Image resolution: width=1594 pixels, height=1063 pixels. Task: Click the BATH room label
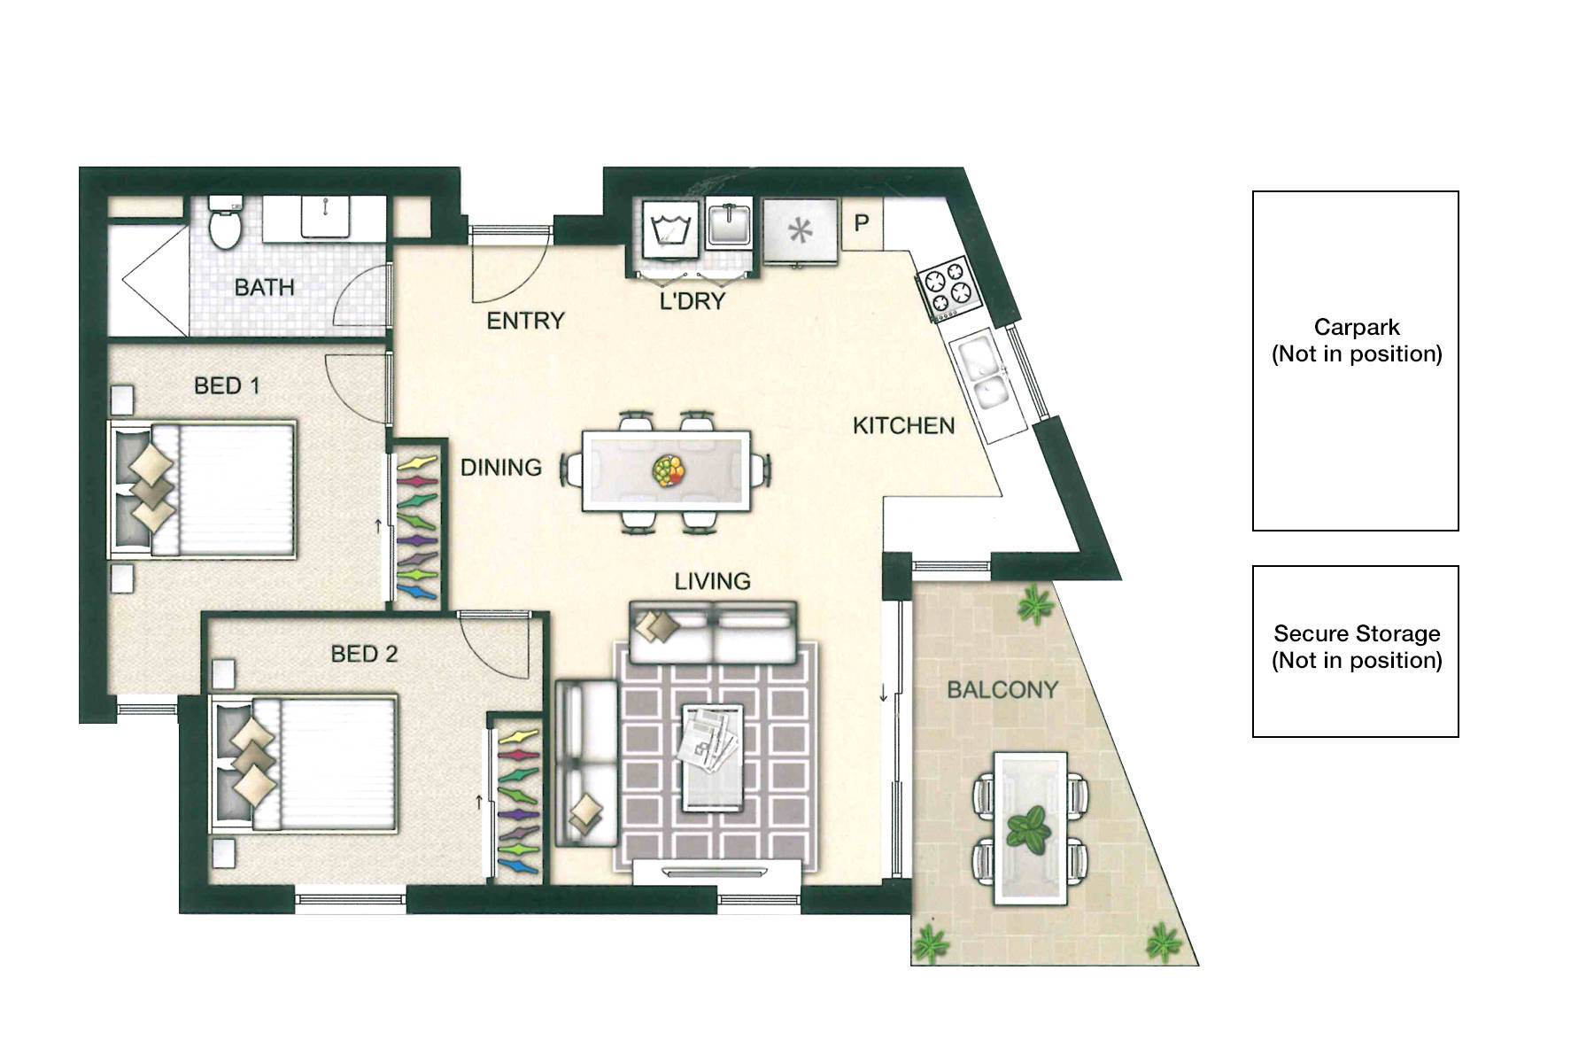pos(264,287)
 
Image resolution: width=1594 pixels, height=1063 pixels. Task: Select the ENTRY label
pos(525,321)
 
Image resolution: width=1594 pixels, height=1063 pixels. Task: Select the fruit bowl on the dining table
pos(667,469)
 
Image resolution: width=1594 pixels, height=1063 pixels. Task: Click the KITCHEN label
pos(903,426)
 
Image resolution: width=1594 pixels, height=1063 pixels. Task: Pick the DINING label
pos(500,468)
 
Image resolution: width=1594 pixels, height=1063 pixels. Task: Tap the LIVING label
pos(712,581)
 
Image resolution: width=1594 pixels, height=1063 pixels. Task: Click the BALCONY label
pos(1002,689)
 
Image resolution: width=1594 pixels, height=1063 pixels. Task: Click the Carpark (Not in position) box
pos(1355,361)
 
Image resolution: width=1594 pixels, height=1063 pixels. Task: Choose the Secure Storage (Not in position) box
pos(1355,651)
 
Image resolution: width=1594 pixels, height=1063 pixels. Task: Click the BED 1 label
pos(227,385)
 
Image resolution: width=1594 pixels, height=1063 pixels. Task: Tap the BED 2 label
pos(364,654)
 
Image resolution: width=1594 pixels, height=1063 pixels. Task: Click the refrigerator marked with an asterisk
pos(800,230)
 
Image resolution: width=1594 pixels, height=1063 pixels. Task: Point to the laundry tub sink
pos(729,226)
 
